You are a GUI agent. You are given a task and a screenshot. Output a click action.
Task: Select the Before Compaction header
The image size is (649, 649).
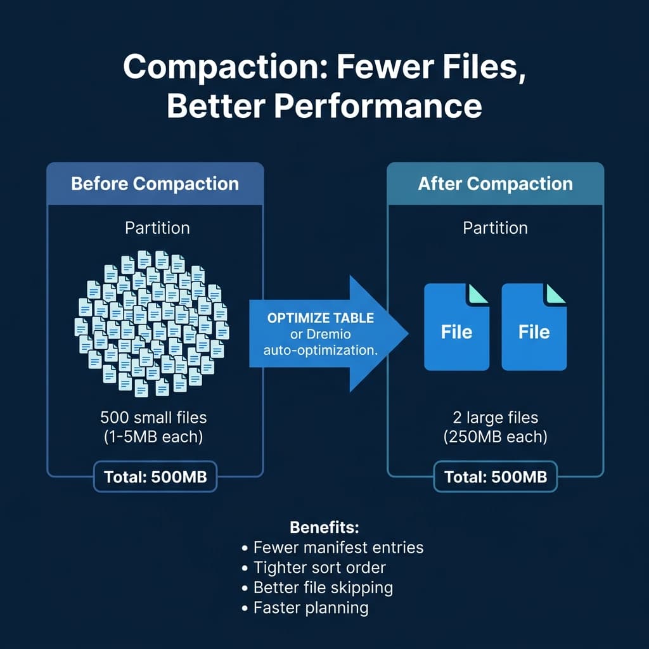pos(155,184)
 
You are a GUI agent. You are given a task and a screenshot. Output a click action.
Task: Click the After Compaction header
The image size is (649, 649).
pos(495,184)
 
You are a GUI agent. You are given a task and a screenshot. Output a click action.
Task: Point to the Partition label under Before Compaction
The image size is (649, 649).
pos(157,228)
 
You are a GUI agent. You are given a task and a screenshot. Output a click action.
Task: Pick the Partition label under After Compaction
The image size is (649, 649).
pos(495,228)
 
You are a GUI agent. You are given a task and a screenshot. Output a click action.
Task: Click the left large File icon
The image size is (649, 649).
pos(456,326)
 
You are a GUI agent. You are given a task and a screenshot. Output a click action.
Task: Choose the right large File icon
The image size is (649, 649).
pos(534,326)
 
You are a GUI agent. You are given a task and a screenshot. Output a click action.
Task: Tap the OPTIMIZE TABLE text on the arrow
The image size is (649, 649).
pos(321,318)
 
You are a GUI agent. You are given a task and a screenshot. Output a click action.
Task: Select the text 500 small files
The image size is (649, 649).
pos(154,418)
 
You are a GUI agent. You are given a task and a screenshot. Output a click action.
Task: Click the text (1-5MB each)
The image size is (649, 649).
pos(154,437)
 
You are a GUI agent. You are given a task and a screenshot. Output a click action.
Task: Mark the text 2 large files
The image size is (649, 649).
pos(495,418)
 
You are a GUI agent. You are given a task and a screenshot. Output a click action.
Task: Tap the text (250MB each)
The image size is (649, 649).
pos(495,437)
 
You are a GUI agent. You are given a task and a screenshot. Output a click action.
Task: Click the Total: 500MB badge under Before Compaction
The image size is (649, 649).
pos(155,477)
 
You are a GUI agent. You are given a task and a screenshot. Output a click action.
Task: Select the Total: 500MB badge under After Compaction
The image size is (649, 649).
pos(495,477)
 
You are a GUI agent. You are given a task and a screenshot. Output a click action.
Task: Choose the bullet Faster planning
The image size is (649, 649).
pos(311,608)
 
